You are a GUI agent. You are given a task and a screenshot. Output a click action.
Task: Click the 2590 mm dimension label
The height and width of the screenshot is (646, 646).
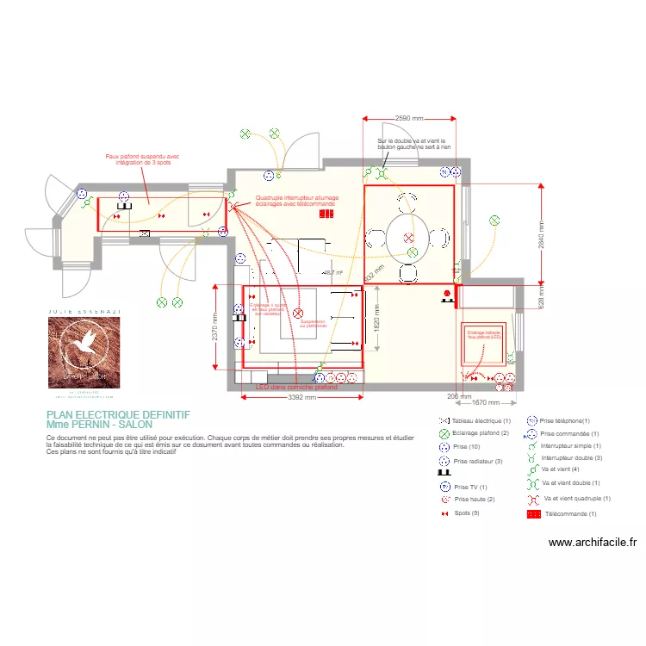(409, 118)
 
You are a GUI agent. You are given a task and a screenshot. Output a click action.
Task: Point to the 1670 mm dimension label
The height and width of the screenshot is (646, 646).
(488, 402)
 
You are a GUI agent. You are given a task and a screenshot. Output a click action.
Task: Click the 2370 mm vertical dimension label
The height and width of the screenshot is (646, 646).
(215, 327)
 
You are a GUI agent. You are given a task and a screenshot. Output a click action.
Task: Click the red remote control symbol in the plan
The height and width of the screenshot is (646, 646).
(326, 213)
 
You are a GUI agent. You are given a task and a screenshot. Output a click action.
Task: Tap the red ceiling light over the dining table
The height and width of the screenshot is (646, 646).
(409, 237)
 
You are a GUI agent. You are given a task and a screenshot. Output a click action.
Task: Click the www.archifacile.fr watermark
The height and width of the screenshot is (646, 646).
(593, 543)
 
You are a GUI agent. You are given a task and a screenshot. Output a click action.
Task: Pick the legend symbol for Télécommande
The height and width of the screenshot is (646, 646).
(532, 513)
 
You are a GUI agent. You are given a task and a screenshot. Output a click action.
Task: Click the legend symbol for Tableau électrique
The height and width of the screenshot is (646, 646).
(444, 419)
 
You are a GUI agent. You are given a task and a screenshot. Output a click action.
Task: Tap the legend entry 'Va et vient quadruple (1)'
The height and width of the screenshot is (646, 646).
(576, 499)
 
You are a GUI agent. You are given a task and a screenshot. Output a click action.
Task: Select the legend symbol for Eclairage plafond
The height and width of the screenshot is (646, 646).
(444, 432)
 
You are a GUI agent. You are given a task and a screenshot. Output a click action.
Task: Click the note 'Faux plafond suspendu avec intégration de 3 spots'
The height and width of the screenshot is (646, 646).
(142, 159)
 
